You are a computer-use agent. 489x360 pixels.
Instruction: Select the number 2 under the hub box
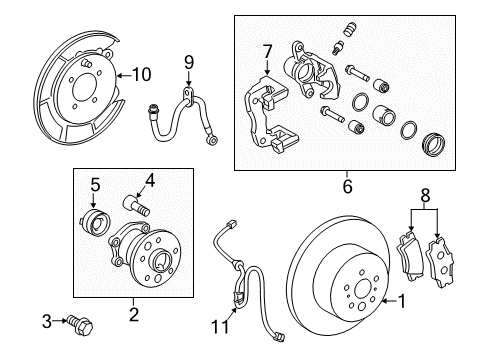point(134,312)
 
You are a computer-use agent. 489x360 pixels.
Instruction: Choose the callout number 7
point(266,50)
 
